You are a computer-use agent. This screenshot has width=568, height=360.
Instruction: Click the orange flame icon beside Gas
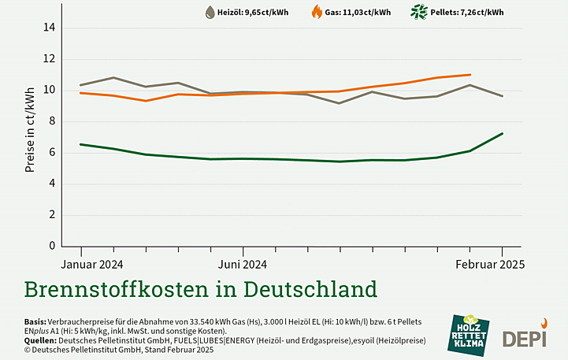pos(317,12)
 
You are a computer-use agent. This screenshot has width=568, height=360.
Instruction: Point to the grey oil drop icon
pos(210,12)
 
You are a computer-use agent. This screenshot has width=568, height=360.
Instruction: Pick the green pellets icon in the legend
pos(418,12)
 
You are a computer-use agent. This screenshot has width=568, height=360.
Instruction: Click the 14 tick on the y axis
pos(49,28)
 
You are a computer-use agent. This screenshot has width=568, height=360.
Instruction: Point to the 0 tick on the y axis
pos(51,246)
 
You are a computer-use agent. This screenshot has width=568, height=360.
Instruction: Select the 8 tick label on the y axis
pos(51,121)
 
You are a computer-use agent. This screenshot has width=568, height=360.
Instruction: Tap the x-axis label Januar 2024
pos(92,264)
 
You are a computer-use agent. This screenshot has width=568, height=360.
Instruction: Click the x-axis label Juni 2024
pos(242,264)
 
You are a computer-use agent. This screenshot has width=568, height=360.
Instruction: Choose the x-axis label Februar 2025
pos(489,264)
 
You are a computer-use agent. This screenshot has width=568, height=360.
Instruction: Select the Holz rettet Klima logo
pos(469,334)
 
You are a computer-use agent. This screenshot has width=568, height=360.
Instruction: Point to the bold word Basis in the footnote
pos(35,322)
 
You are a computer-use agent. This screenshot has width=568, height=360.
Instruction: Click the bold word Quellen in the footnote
pos(40,340)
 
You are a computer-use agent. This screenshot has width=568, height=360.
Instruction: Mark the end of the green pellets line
pos(502,133)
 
